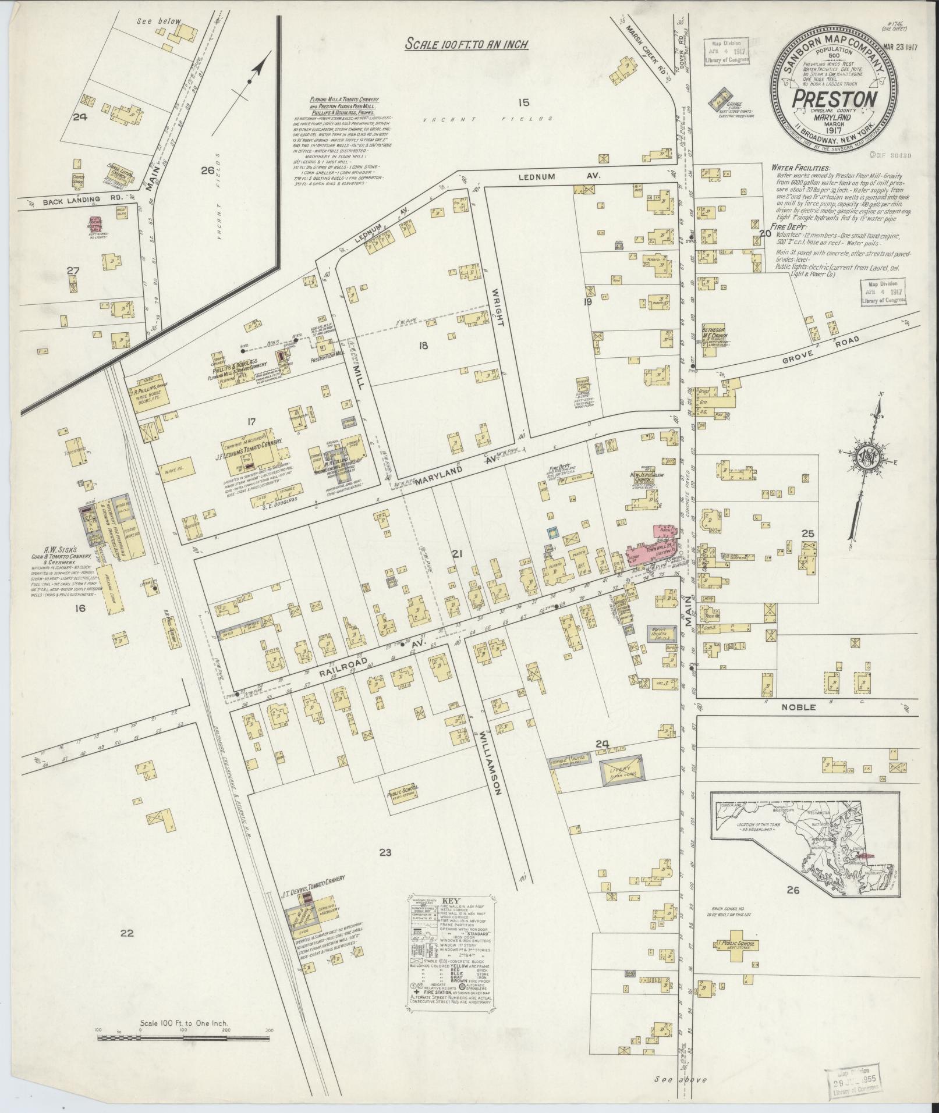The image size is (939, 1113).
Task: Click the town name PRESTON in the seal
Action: (x=834, y=98)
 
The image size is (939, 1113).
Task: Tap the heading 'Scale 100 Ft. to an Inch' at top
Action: (x=467, y=45)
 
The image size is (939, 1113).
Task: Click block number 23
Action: (x=385, y=853)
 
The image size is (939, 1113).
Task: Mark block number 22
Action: (x=127, y=933)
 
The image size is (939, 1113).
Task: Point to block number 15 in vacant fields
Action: (x=523, y=103)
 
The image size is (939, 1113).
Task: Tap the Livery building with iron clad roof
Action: (x=621, y=769)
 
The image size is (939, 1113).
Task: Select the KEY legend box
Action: (x=451, y=946)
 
